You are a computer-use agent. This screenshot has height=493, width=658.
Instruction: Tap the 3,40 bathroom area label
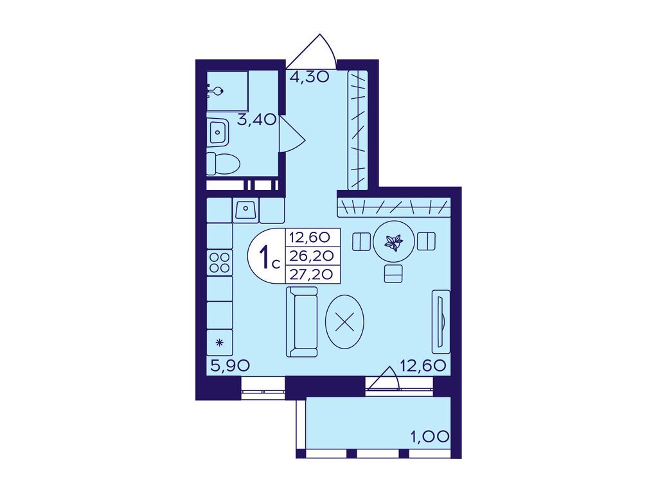[256, 120]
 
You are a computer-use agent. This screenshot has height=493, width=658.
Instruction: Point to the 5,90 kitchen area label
[230, 366]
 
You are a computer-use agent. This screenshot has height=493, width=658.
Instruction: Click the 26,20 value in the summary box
[312, 255]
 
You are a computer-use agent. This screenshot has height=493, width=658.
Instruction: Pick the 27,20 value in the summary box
[312, 274]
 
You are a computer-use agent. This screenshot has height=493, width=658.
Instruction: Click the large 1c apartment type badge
[269, 257]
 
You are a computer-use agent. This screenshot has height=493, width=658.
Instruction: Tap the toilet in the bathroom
[223, 164]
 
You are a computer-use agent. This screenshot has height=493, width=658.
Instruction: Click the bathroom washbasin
[218, 132]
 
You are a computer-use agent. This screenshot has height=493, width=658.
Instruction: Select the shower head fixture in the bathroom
[215, 91]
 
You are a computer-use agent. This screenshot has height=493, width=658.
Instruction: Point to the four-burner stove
[220, 263]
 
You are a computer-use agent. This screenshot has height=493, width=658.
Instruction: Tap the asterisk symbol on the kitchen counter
[219, 343]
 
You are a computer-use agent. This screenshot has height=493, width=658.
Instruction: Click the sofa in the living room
[302, 322]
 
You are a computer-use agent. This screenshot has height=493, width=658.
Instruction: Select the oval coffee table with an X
[344, 322]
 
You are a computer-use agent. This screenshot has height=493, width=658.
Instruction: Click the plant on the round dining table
[394, 243]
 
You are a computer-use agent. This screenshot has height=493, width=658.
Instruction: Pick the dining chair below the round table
[394, 273]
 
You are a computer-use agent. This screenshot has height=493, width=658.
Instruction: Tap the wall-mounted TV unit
[441, 322]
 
